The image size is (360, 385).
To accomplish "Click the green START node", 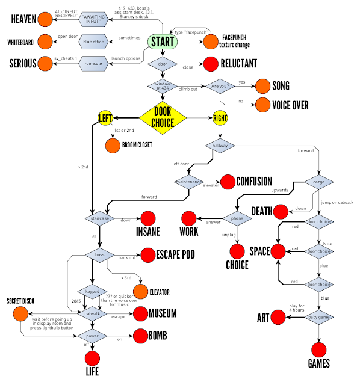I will point(163,42).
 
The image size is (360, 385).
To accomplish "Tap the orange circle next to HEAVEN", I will point(45,20).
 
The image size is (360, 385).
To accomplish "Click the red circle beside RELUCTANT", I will point(211,63).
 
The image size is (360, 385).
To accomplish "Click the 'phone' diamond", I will point(237,218).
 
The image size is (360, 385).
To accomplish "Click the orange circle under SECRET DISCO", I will point(20,313).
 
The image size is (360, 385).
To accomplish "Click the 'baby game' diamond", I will point(318,316).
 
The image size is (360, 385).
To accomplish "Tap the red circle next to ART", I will point(278,316).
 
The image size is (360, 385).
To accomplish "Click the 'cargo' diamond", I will point(318,181).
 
